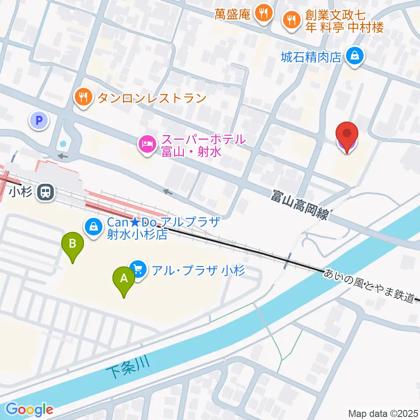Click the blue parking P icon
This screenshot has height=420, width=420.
(39, 120)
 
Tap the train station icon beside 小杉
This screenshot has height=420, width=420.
(45, 192)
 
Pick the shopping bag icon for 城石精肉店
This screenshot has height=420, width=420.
(353, 56)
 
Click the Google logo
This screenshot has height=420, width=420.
(30, 409)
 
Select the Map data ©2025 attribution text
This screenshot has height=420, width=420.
(382, 413)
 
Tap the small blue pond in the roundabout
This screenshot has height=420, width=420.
(64, 143)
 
